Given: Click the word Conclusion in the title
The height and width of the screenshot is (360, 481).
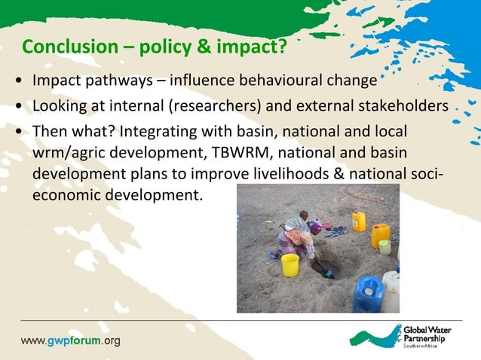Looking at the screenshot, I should click(x=65, y=47).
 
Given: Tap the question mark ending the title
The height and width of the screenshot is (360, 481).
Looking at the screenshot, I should click(x=282, y=47).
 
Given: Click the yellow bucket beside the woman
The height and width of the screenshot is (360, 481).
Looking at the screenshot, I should click(x=290, y=264).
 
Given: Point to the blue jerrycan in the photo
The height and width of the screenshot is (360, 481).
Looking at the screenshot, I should click(x=369, y=294).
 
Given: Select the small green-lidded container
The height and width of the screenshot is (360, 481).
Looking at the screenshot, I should click(x=384, y=246).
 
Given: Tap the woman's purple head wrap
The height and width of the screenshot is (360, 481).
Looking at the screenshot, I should click(x=316, y=225).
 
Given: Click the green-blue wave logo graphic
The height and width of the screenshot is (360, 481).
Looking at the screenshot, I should click(x=374, y=335).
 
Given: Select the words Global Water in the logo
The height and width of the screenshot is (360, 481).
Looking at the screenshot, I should click(x=429, y=330).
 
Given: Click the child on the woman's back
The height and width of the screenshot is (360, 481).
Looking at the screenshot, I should click(x=303, y=218).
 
